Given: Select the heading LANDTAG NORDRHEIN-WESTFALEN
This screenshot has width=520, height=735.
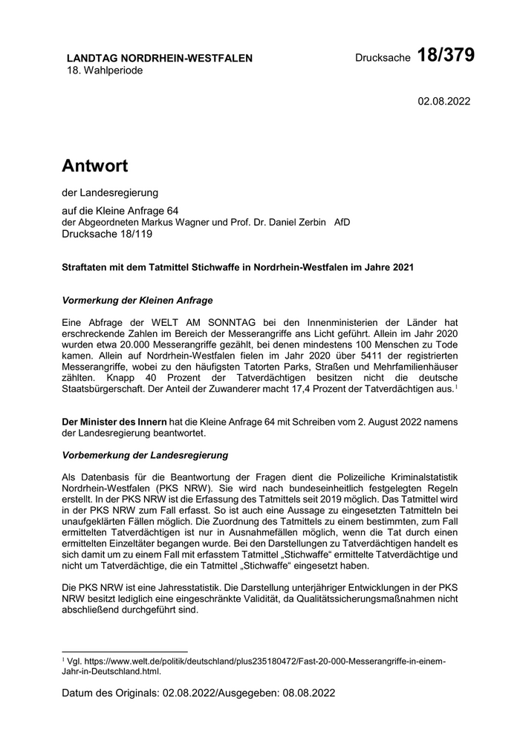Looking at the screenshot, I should click(x=160, y=58).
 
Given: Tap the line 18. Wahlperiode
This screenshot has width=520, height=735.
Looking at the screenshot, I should click(x=105, y=71).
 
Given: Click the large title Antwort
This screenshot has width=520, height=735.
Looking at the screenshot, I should click(x=95, y=165).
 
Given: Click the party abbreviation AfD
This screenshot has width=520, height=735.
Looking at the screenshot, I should click(x=342, y=221).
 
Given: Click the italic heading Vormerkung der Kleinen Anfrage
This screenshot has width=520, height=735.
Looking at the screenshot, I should click(x=137, y=301).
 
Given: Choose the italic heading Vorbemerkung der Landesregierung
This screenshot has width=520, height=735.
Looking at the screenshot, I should click(x=145, y=454).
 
